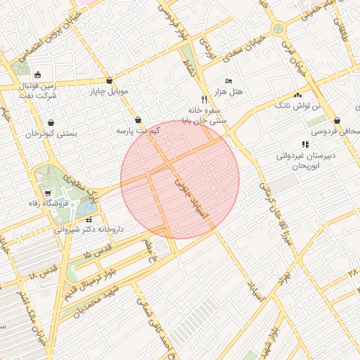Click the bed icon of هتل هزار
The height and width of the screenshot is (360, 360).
coord(229,82)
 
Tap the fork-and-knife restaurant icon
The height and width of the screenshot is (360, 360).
coord(204,99)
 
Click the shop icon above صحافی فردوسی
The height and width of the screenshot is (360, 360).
coord(338,120)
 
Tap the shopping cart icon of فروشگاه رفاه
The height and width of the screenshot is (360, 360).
coord(48,193)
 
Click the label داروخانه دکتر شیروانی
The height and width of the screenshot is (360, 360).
coord(89,229)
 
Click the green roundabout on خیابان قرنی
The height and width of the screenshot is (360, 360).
coord(278,29)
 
